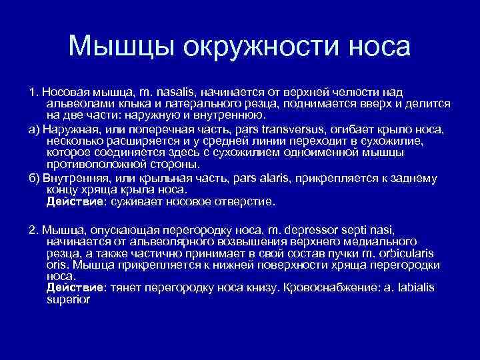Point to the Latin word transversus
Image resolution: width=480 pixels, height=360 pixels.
289,128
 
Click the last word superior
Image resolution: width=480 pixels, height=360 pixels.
68,299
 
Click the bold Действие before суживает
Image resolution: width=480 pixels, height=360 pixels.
76,201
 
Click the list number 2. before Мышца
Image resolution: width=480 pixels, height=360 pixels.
34,229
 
